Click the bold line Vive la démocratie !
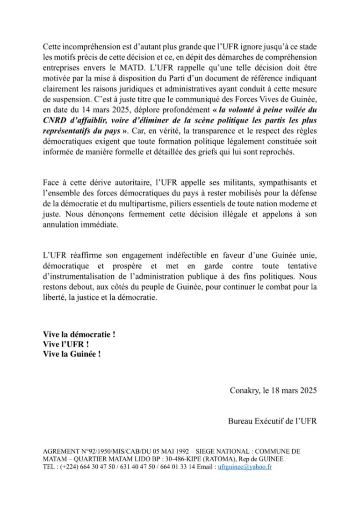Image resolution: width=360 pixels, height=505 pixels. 79,335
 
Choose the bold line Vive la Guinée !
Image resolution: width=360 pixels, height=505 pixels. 72,353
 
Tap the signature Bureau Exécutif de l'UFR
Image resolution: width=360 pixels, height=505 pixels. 272,421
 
